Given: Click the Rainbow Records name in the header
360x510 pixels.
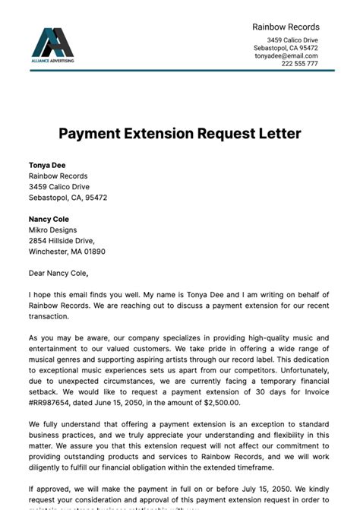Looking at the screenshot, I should pyautogui.click(x=286, y=27).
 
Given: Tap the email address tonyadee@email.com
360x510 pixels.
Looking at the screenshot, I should pyautogui.click(x=286, y=55).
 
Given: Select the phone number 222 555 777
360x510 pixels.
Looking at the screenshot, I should pyautogui.click(x=300, y=64).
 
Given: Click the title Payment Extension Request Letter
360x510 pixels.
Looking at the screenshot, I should pyautogui.click(x=180, y=134).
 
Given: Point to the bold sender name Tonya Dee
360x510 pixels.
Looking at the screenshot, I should pyautogui.click(x=46, y=164).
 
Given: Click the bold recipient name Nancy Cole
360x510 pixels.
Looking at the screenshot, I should pyautogui.click(x=49, y=219).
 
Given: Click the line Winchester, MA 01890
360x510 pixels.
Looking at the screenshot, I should pyautogui.click(x=67, y=251).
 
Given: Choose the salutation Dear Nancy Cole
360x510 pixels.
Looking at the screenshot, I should pyautogui.click(x=58, y=273).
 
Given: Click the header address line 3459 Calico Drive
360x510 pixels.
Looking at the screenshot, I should pyautogui.click(x=292, y=40).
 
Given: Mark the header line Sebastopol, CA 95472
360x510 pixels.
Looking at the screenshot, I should pyautogui.click(x=286, y=47).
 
